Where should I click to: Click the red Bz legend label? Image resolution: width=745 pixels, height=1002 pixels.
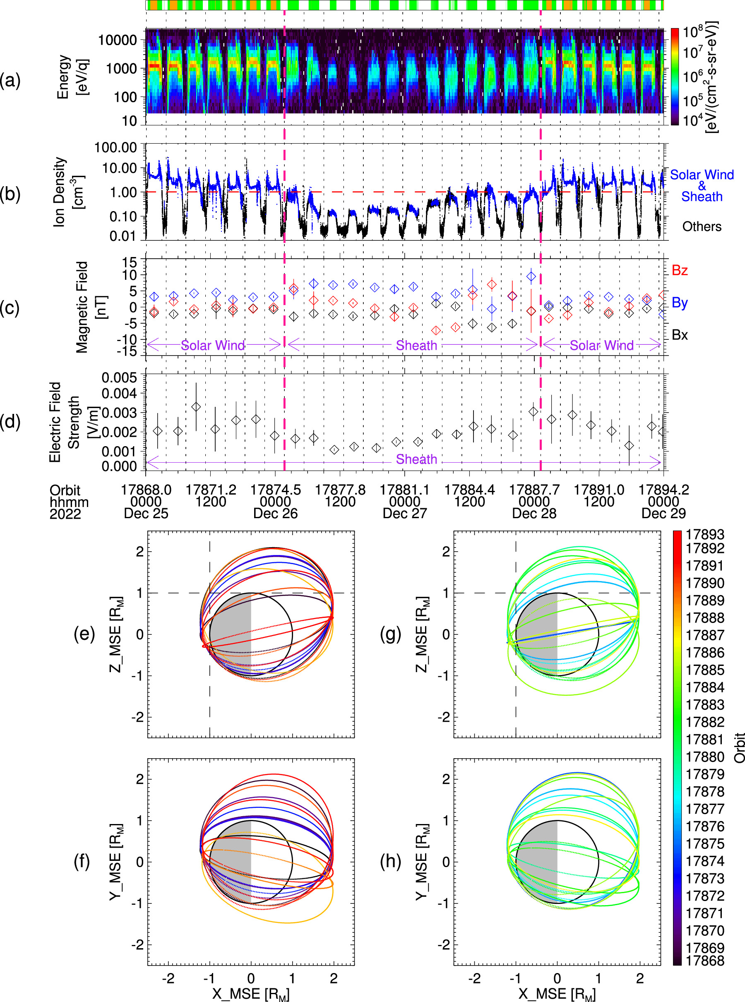click(679, 271)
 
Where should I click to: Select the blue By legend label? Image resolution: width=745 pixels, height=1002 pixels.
click(679, 303)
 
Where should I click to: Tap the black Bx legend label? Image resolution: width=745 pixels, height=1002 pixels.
click(679, 335)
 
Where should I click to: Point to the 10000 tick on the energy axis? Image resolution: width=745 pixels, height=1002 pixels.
click(118, 40)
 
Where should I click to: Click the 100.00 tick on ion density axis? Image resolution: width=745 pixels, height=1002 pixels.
click(115, 147)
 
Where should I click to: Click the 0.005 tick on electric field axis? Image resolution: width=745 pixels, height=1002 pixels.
click(119, 377)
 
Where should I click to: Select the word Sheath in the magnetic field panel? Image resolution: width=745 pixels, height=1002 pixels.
click(416, 346)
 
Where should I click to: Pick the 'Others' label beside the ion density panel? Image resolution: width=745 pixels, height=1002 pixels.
click(701, 226)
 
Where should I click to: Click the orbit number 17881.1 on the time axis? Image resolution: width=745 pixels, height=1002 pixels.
click(404, 490)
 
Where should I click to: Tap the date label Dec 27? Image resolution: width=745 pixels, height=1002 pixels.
click(404, 513)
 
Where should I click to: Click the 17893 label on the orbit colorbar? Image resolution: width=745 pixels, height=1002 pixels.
click(704, 534)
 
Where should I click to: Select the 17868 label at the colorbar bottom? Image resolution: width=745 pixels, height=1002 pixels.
click(704, 961)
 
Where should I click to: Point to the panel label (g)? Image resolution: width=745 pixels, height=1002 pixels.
click(391, 634)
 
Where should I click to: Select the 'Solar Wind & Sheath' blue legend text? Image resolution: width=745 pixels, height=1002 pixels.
click(701, 185)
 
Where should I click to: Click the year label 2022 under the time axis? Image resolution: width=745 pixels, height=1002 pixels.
click(65, 514)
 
